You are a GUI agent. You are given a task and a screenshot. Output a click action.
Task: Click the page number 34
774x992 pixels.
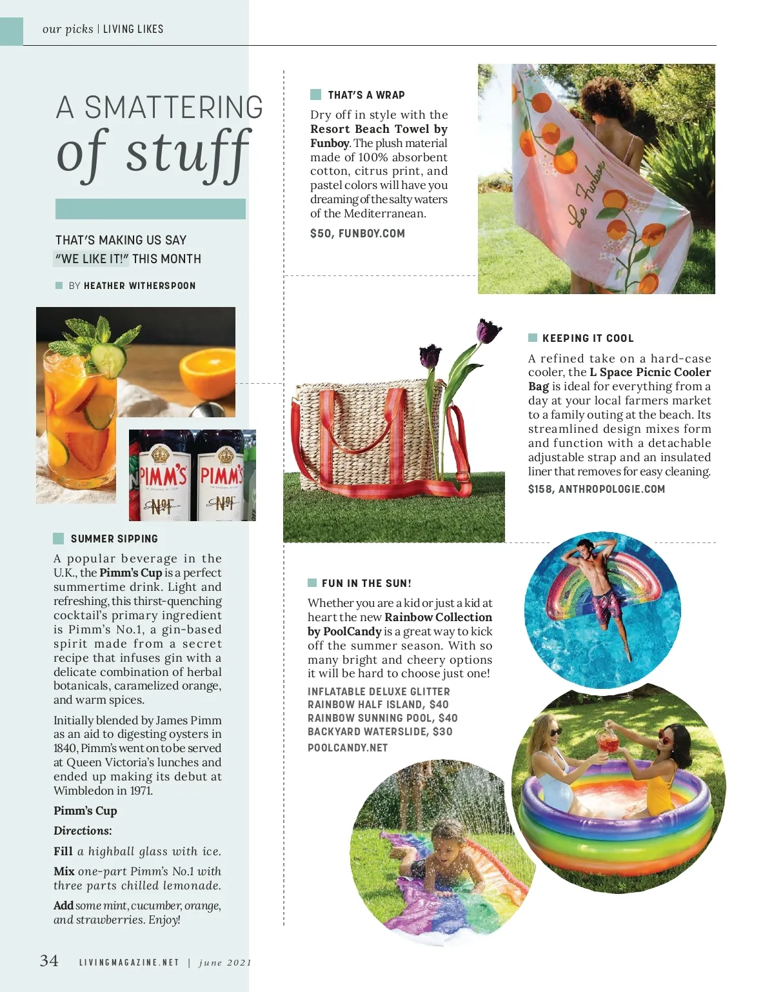(49, 961)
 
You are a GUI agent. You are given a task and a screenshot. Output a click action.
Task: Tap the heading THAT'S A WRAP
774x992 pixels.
(366, 95)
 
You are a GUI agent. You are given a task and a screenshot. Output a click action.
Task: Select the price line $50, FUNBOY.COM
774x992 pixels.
(357, 233)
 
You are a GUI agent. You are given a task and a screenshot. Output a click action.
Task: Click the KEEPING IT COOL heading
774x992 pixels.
(588, 338)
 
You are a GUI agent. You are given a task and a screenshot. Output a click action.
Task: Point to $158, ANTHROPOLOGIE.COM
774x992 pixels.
(596, 489)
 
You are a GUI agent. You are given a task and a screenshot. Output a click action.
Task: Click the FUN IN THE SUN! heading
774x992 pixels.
(366, 583)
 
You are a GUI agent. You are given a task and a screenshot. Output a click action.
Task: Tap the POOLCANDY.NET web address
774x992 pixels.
(348, 748)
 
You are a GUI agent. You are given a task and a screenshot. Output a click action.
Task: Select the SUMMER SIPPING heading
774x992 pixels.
(114, 539)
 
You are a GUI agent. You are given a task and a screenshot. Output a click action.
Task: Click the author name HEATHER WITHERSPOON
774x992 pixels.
(139, 286)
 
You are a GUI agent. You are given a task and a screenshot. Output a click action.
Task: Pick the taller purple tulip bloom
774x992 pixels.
(488, 331)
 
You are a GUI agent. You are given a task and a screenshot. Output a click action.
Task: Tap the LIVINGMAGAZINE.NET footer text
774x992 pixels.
(129, 962)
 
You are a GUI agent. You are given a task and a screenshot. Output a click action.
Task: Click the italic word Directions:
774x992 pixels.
(83, 831)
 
